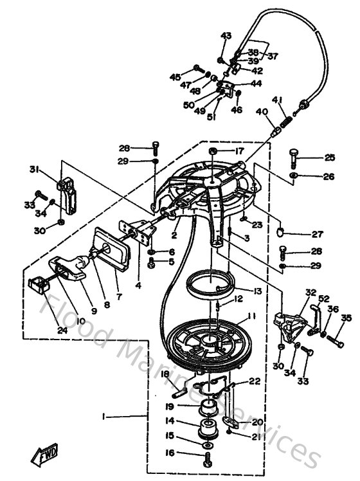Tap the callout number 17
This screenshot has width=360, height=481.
pyautogui.click(x=239, y=151)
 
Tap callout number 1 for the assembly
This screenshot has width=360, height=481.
pyautogui.click(x=104, y=417)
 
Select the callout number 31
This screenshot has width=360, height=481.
pyautogui.click(x=33, y=169)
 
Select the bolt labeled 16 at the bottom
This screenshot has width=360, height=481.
pyautogui.click(x=208, y=458)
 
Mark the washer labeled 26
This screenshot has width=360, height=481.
pyautogui.click(x=293, y=176)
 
